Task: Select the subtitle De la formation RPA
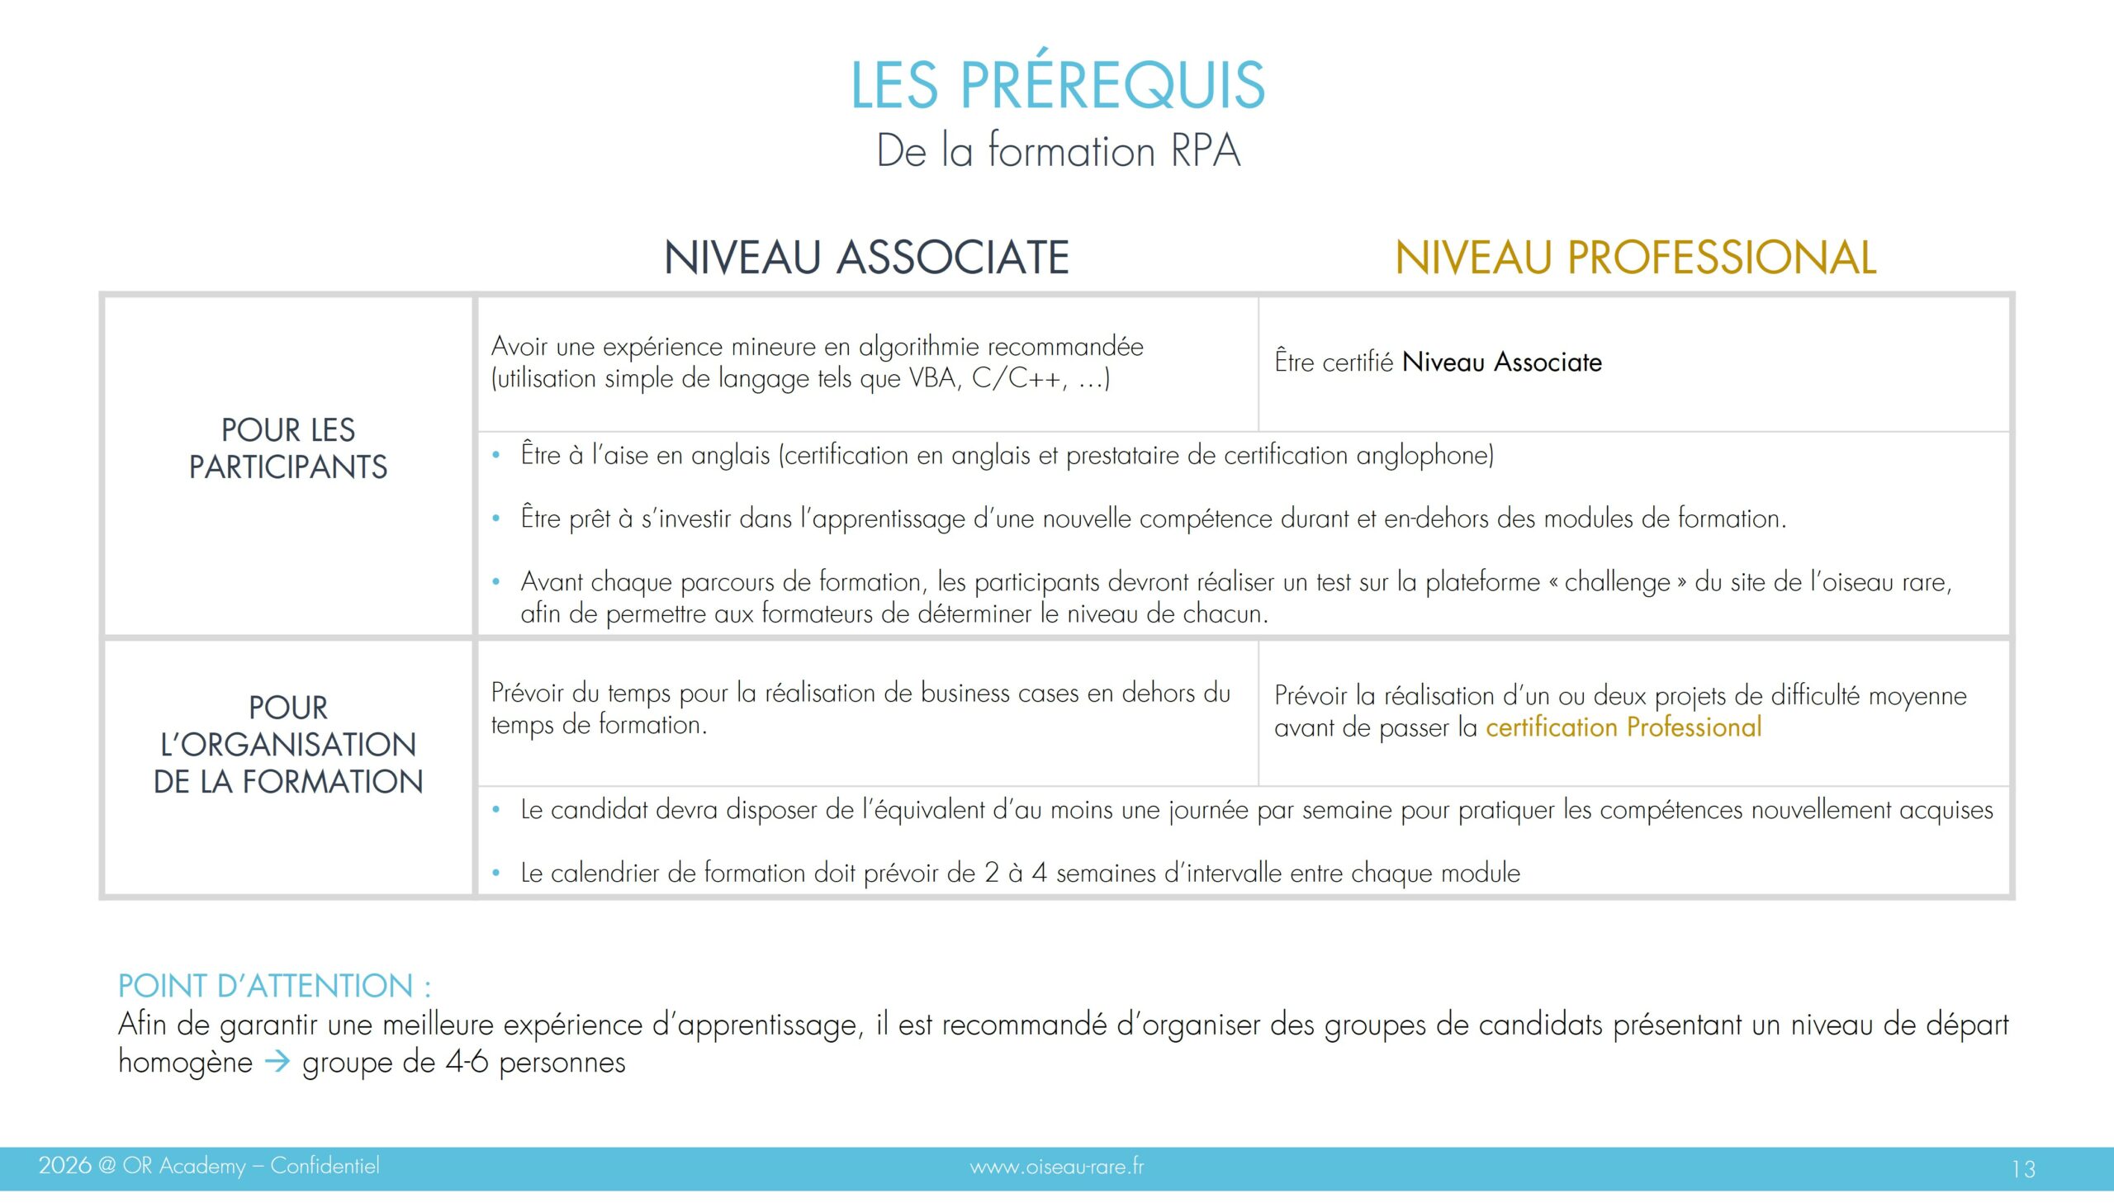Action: [1058, 151]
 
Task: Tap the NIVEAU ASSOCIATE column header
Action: [866, 257]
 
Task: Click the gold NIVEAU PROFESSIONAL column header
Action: [1635, 257]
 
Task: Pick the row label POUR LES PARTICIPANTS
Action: [287, 448]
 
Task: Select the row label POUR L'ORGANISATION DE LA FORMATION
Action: [287, 745]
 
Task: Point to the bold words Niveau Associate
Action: [1501, 362]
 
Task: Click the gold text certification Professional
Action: [1623, 727]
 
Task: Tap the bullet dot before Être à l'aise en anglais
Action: [495, 455]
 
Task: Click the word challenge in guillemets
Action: [1617, 582]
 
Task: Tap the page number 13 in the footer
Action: [2023, 1168]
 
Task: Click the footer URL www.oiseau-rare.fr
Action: [1056, 1167]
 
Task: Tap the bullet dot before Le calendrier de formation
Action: [495, 874]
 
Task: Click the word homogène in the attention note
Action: [185, 1062]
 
